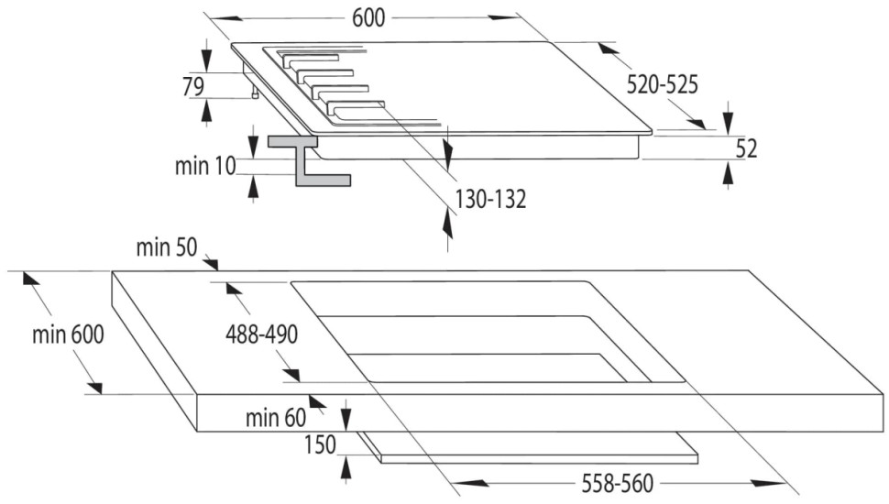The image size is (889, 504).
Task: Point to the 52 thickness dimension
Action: coord(747,148)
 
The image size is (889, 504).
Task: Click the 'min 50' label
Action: coord(166,247)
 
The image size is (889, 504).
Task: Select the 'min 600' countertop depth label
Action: coord(69,334)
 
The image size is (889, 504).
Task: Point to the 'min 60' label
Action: coord(275,418)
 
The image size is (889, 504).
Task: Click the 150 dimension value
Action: coord(320,444)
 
